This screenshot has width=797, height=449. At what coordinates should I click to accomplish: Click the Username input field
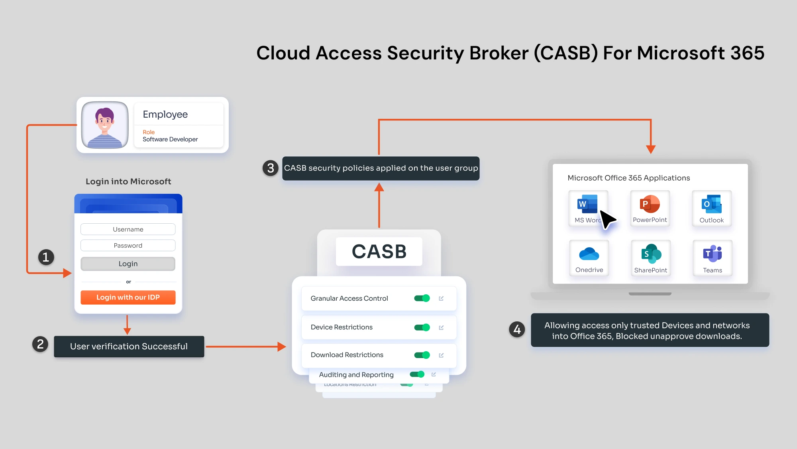[x=128, y=229]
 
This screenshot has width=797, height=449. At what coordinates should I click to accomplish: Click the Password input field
[x=128, y=246]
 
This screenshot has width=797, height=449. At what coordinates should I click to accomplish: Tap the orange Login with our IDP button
[x=128, y=297]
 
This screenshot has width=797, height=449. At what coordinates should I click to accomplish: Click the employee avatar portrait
[x=105, y=125]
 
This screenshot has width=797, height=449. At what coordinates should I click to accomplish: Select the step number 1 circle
[x=46, y=257]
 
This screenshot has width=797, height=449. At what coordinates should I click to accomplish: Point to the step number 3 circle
[x=271, y=168]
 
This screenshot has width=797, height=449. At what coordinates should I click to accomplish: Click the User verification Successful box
[x=129, y=347]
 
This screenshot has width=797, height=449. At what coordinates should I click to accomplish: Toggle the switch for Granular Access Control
[x=422, y=298]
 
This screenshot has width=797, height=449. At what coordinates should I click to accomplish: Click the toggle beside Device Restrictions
[x=422, y=327]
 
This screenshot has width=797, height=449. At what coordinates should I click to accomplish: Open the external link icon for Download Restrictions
[x=441, y=355]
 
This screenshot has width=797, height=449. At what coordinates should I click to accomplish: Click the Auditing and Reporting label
[x=356, y=375]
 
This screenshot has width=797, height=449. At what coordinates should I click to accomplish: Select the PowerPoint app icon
[x=650, y=205]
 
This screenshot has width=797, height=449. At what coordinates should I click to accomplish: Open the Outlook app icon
[x=711, y=205]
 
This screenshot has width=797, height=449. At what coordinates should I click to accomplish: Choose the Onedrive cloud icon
[x=589, y=254]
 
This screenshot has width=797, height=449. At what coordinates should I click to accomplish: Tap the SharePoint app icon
[x=651, y=254]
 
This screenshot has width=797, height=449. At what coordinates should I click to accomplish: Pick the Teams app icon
[x=713, y=254]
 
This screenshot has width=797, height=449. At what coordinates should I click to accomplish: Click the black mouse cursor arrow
[x=607, y=219]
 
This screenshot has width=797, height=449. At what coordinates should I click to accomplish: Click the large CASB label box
[x=379, y=252]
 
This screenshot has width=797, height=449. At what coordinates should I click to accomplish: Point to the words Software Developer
[x=170, y=140]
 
